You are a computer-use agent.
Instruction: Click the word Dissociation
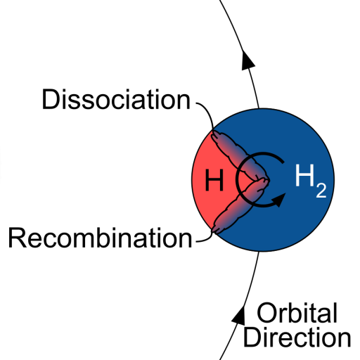[x=116, y=99]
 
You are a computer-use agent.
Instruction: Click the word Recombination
[x=100, y=238]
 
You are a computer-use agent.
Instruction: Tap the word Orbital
[x=297, y=313]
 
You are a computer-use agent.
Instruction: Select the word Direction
[x=297, y=337]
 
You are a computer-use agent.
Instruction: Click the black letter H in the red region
[x=214, y=180]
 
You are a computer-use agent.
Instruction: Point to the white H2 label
[x=311, y=181]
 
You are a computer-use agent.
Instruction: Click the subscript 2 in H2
[x=321, y=190]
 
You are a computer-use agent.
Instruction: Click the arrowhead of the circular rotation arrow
[x=279, y=200]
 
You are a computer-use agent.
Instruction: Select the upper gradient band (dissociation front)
[x=239, y=157]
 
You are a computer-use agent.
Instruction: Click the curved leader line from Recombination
[x=207, y=238]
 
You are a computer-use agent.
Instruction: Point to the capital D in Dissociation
[x=50, y=99]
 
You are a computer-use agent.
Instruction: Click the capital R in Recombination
[x=17, y=238]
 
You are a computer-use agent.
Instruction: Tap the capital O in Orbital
[x=266, y=313]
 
